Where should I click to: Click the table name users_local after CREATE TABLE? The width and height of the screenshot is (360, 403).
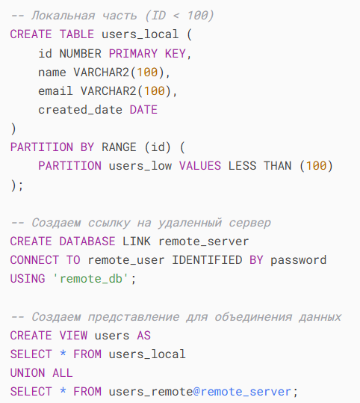(x=140, y=34)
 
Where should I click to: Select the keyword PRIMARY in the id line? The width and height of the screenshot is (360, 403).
(x=133, y=54)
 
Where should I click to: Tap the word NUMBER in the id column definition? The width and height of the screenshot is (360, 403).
(x=81, y=54)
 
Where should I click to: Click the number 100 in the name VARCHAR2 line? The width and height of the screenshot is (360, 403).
(x=147, y=73)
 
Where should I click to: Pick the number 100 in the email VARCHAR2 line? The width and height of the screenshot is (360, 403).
(x=155, y=91)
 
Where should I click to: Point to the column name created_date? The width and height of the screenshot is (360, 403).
(x=80, y=110)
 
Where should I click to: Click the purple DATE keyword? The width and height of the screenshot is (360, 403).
(x=143, y=110)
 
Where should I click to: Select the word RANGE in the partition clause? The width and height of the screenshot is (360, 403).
(x=119, y=147)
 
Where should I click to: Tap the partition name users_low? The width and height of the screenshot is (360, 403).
(x=140, y=166)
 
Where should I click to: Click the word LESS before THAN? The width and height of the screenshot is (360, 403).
(x=242, y=166)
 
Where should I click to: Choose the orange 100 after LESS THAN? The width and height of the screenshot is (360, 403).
(x=317, y=166)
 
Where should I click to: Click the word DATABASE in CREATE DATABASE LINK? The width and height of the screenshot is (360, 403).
(x=87, y=242)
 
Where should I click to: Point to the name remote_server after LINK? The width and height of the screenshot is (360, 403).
(x=204, y=242)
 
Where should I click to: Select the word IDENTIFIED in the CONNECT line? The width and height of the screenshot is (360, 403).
(x=207, y=260)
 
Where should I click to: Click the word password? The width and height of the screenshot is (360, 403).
(x=298, y=261)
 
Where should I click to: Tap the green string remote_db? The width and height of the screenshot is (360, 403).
(x=91, y=279)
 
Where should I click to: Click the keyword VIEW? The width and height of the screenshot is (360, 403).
(x=73, y=336)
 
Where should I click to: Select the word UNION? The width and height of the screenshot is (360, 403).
(x=28, y=373)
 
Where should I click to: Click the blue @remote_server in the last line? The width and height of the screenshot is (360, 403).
(x=242, y=392)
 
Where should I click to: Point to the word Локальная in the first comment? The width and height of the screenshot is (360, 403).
(x=63, y=16)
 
